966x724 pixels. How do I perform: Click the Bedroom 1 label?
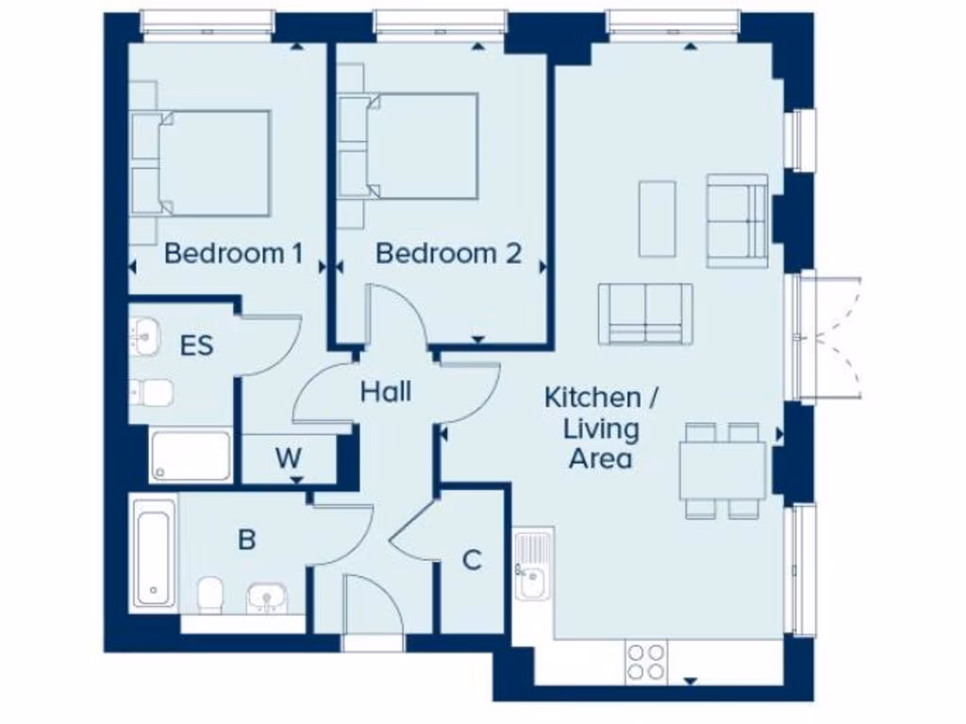[234, 253]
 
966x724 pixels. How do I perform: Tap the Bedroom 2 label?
[448, 253]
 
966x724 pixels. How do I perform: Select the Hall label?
[386, 390]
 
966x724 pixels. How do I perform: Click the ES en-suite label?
[196, 345]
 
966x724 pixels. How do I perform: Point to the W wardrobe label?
[289, 458]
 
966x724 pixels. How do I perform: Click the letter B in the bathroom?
[246, 540]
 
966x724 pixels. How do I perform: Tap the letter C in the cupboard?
[472, 560]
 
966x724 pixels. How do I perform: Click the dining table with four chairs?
[723, 470]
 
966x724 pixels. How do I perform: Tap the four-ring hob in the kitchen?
[645, 660]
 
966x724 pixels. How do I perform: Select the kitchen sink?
[532, 567]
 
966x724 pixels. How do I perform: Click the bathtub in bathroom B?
[153, 551]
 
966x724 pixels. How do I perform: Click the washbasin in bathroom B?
[267, 597]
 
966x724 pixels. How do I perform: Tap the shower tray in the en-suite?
[191, 455]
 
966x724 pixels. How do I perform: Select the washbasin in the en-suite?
[145, 335]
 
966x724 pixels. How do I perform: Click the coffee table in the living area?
[657, 219]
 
